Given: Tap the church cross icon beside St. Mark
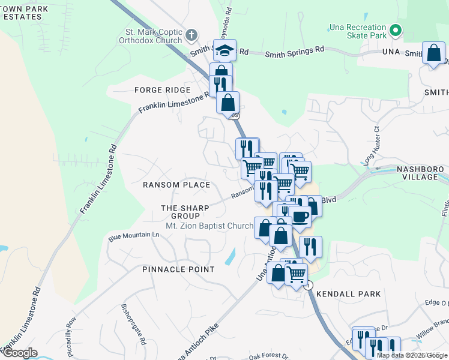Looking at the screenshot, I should (x=191, y=34).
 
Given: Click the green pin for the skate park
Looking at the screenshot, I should (x=396, y=29).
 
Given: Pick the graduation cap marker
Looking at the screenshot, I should (x=225, y=50).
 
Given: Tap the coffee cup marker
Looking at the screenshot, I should (x=300, y=217).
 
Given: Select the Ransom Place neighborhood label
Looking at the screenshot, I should (x=176, y=185).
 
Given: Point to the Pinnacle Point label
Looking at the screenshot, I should (x=178, y=269).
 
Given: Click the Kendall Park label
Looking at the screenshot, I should (x=348, y=294).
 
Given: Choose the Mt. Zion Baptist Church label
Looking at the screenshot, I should (x=209, y=226).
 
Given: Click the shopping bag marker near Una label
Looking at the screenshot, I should (x=433, y=53).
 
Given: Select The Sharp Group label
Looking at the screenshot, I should (x=185, y=212).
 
